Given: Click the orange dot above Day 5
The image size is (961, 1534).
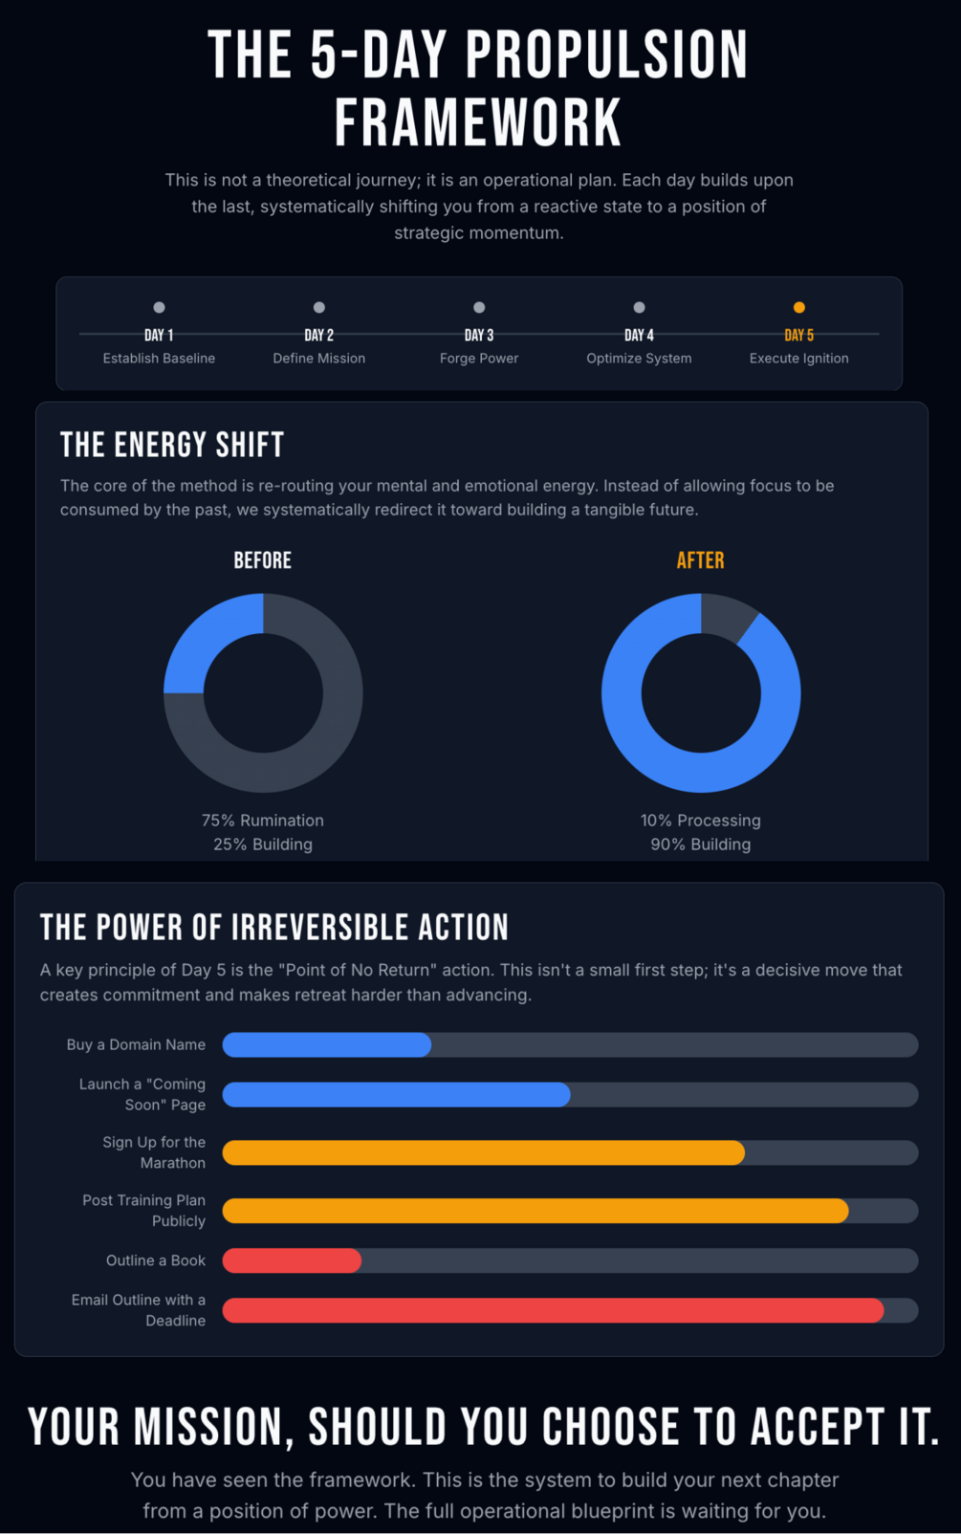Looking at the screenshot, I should pyautogui.click(x=799, y=308).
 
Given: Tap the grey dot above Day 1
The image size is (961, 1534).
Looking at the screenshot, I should pyautogui.click(x=160, y=308).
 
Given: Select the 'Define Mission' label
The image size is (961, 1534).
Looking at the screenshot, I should pyautogui.click(x=319, y=359).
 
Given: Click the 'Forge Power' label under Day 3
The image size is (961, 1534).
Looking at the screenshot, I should pyautogui.click(x=479, y=359).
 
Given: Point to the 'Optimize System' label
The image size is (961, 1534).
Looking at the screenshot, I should pyautogui.click(x=639, y=359).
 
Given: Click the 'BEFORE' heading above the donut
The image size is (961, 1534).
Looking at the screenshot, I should pyautogui.click(x=263, y=560).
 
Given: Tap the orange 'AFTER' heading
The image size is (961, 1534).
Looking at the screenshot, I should pyautogui.click(x=701, y=560).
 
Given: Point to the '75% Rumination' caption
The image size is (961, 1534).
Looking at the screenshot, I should pyautogui.click(x=263, y=821).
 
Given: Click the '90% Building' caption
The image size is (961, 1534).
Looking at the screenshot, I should pyautogui.click(x=701, y=844).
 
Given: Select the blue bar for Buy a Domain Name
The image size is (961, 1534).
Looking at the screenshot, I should pyautogui.click(x=327, y=1045).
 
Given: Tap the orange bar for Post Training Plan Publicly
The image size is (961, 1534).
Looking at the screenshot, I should pyautogui.click(x=535, y=1211).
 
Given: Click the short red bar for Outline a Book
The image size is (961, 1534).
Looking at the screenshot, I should pyautogui.click(x=293, y=1261).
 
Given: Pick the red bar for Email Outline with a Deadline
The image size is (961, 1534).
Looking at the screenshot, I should pyautogui.click(x=553, y=1310).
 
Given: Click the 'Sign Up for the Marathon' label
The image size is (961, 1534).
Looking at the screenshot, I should pyautogui.click(x=154, y=1152).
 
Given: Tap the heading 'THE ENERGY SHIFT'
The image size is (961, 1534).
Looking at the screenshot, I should pyautogui.click(x=172, y=446).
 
